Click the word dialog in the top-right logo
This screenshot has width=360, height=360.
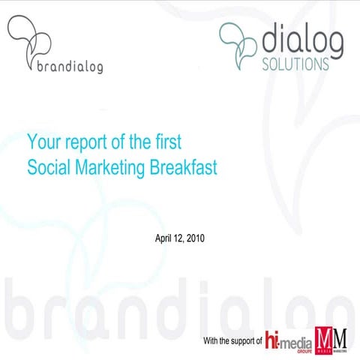click(x=304, y=41)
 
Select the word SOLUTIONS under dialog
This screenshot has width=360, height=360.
click(x=295, y=64)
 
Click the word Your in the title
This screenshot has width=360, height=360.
click(x=41, y=141)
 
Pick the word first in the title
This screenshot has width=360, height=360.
click(x=167, y=141)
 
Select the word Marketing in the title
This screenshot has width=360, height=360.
click(x=110, y=168)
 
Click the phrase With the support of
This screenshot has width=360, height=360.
click(x=232, y=341)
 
